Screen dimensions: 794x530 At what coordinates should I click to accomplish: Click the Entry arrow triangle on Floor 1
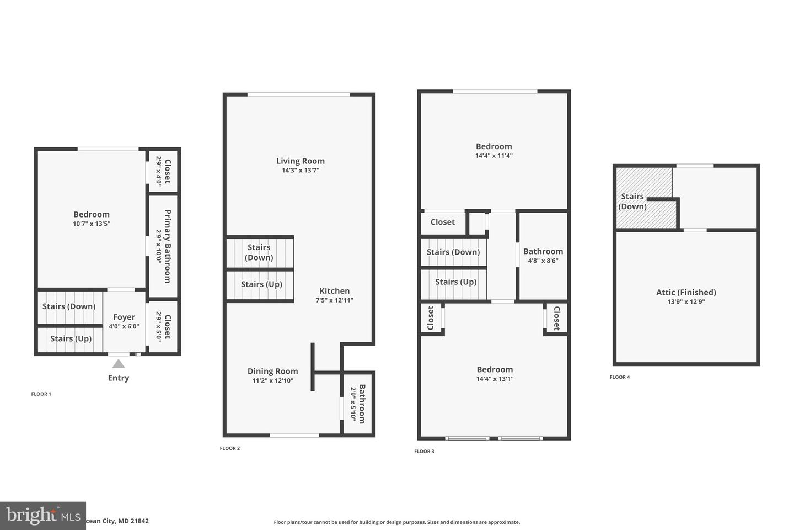tap(119, 364)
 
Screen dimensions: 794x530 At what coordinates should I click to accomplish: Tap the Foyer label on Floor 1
tap(124, 317)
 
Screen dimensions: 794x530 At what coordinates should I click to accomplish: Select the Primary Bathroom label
tap(168, 246)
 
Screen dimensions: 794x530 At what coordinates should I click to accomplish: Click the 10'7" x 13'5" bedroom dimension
tap(92, 224)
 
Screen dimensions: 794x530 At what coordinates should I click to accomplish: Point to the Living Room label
tap(301, 161)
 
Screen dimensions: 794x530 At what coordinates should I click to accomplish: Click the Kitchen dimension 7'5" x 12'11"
tap(335, 300)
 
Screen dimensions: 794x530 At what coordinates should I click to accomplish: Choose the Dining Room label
tap(272, 372)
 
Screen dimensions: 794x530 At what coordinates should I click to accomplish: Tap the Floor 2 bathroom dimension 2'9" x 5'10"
tap(353, 404)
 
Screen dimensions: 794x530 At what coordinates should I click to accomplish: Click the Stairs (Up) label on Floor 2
tap(261, 284)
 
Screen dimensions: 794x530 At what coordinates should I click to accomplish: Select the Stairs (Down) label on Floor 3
tap(453, 252)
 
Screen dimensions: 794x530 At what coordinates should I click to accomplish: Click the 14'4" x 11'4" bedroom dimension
tap(494, 156)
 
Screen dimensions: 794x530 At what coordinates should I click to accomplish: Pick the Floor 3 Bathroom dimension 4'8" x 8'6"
tap(543, 261)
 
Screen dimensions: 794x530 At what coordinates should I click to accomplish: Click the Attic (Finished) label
tap(686, 293)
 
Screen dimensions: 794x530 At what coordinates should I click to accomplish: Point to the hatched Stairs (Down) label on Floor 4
tap(632, 202)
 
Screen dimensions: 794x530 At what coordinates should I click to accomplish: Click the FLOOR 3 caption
tap(425, 451)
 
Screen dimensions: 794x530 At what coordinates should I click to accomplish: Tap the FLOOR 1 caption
tap(41, 394)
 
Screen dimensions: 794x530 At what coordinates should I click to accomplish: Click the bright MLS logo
tap(43, 516)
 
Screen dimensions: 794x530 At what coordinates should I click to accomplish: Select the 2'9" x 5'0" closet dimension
tap(159, 327)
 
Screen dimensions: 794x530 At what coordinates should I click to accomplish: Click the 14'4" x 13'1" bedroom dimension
tap(495, 379)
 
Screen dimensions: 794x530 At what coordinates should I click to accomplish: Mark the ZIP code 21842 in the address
tap(140, 521)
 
